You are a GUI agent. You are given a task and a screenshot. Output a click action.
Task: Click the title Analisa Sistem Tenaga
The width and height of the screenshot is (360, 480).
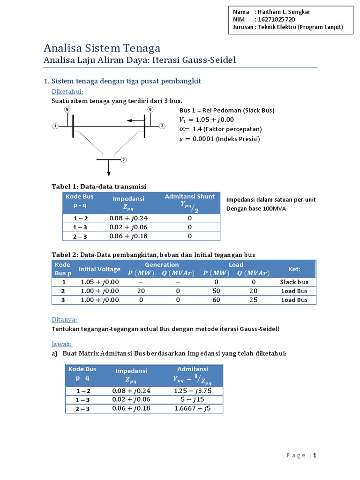pyautogui.click(x=102, y=48)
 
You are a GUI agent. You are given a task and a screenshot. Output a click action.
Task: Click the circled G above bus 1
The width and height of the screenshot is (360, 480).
pyautogui.click(x=67, y=109)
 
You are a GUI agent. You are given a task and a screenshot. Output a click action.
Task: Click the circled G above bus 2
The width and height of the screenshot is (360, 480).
pyautogui.click(x=150, y=109)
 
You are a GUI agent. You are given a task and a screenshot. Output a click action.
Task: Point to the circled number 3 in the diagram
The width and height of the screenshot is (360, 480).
pyautogui.click(x=124, y=160)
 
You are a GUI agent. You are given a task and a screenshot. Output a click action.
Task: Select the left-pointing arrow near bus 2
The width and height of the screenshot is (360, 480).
pyautogui.click(x=135, y=120)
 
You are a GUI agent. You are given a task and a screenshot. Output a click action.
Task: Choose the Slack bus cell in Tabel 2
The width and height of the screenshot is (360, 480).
pyautogui.click(x=294, y=282)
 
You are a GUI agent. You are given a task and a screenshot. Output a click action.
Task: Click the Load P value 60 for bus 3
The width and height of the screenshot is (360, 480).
pyautogui.click(x=216, y=300)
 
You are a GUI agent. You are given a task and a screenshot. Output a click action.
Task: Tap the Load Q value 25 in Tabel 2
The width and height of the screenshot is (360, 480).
pyautogui.click(x=253, y=300)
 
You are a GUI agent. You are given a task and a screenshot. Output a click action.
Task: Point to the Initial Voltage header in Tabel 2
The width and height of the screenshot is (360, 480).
pyautogui.click(x=99, y=269)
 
